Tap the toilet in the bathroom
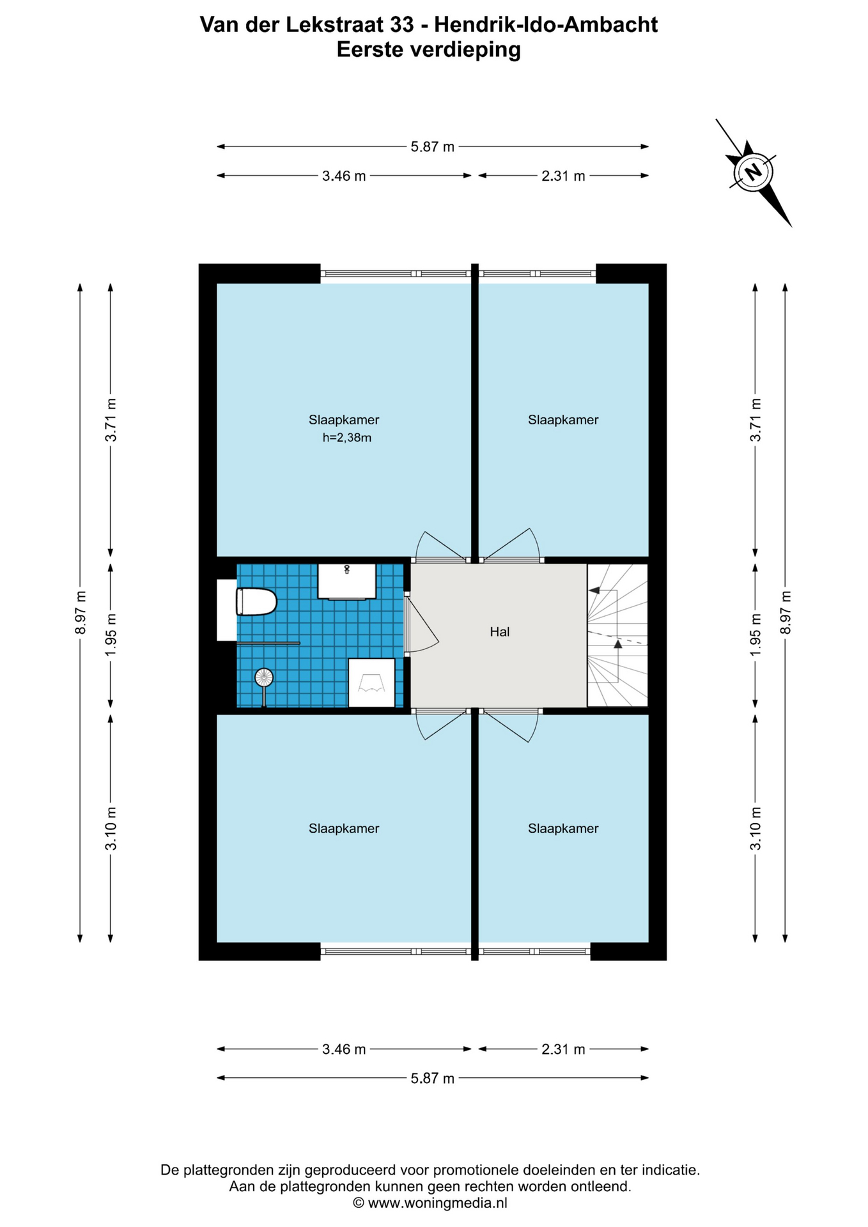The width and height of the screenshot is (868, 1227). pyautogui.click(x=256, y=601)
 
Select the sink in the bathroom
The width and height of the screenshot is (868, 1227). pyautogui.click(x=346, y=582)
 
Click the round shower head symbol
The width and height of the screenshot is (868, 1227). pyautogui.click(x=263, y=677)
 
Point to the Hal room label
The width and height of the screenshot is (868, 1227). pyautogui.click(x=500, y=632)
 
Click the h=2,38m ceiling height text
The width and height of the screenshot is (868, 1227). pyautogui.click(x=347, y=438)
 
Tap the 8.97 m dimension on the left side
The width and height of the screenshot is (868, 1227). pyautogui.click(x=80, y=612)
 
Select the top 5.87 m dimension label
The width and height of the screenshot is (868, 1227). pyautogui.click(x=433, y=146)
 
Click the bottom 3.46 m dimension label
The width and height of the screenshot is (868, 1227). pyautogui.click(x=344, y=1049)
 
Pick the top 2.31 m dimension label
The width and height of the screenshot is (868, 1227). pyautogui.click(x=563, y=176)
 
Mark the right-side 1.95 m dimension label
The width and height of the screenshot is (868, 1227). pyautogui.click(x=756, y=634)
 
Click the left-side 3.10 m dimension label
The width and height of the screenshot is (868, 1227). pyautogui.click(x=111, y=828)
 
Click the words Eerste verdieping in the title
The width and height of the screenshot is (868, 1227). pyautogui.click(x=429, y=50)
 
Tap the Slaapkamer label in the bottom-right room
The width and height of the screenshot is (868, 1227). pyautogui.click(x=563, y=828)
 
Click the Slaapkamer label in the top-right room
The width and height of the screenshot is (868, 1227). pyautogui.click(x=563, y=420)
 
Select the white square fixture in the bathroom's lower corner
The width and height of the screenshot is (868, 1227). pyautogui.click(x=371, y=683)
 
